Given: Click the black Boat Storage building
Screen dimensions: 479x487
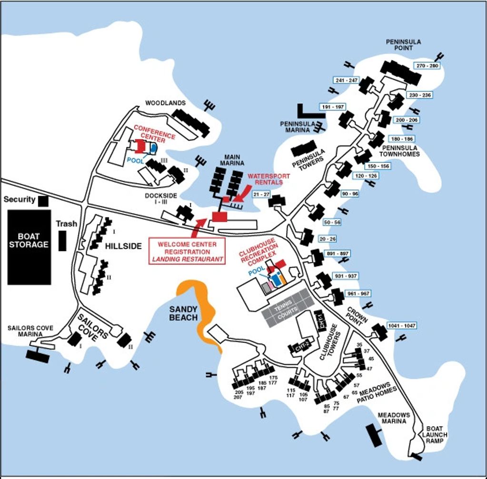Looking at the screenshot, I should click(x=29, y=247).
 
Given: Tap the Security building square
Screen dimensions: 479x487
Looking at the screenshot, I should click(x=43, y=201).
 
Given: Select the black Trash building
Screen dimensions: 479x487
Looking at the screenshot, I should click(x=62, y=240).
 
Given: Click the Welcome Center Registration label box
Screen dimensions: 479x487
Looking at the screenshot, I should click(x=187, y=251).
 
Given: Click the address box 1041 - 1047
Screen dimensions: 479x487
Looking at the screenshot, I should click(x=402, y=326).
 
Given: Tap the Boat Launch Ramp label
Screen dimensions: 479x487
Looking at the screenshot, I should click(x=435, y=435).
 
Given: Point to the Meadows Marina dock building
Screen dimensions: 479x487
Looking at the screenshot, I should click(x=374, y=434).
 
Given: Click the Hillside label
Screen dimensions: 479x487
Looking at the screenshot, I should click(x=123, y=246).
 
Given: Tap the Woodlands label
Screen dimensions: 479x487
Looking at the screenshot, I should click(x=166, y=103).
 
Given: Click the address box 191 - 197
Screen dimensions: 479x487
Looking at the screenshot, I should click(x=333, y=107).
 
